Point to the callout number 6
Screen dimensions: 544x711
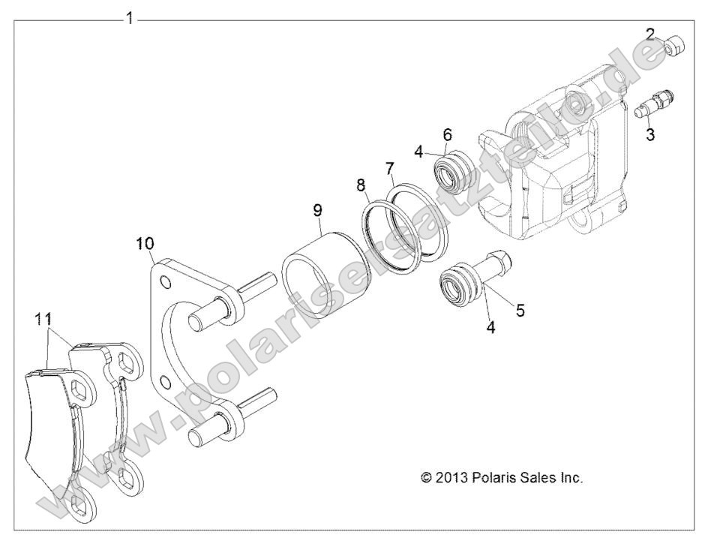447,134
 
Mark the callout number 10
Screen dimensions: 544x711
145,242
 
